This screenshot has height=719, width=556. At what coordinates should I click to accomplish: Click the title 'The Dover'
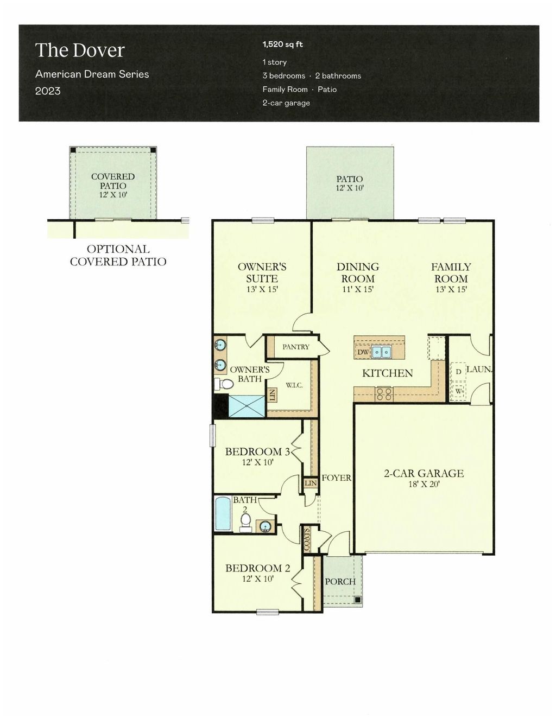click(x=80, y=50)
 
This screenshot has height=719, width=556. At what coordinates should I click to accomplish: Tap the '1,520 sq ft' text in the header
click(x=282, y=44)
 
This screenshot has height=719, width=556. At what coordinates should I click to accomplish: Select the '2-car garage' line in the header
click(x=286, y=103)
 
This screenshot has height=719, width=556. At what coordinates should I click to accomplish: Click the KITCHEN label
click(x=387, y=373)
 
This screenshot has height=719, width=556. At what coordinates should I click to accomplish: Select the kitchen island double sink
click(x=381, y=352)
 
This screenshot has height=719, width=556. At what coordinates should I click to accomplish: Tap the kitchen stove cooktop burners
click(x=384, y=393)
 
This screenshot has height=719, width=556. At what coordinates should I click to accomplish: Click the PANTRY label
click(x=295, y=347)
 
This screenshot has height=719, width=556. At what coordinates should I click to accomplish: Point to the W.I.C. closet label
click(x=294, y=385)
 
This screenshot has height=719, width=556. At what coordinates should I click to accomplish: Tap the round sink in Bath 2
click(x=265, y=526)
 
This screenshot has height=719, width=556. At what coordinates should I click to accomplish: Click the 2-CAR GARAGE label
click(x=424, y=473)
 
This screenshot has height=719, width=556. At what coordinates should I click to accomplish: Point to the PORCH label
click(x=340, y=581)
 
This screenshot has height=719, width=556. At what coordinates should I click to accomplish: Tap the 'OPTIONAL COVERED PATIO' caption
click(x=118, y=255)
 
